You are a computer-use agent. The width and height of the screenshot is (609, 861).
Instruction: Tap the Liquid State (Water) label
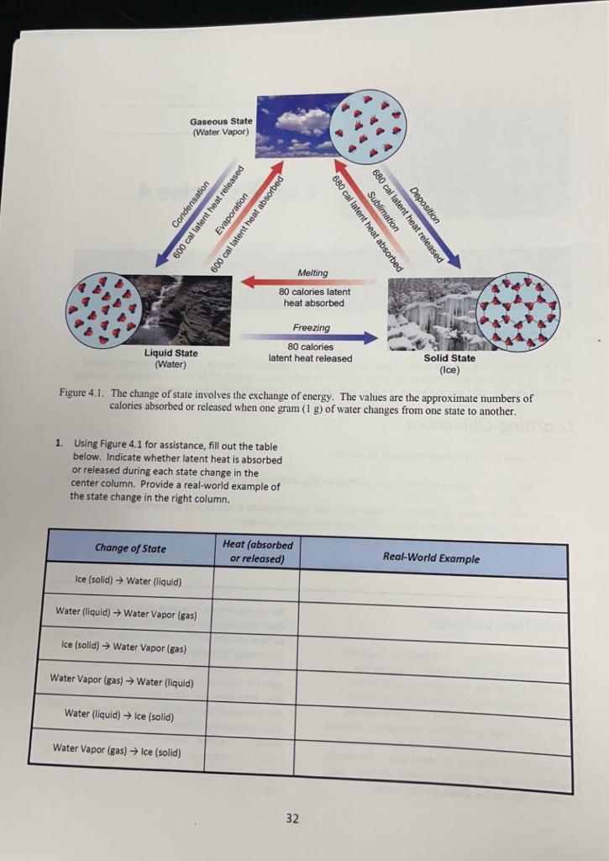click(x=171, y=358)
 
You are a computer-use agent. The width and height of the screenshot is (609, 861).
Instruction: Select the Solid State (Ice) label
click(x=450, y=363)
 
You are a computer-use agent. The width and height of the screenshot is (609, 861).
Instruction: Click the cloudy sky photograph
click(x=298, y=124)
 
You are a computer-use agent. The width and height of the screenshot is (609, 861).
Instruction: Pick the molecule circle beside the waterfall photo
click(x=104, y=309)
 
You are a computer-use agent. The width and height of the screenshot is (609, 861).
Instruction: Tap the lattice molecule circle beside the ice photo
click(x=517, y=312)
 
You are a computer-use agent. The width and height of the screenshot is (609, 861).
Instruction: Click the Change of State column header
click(x=130, y=548)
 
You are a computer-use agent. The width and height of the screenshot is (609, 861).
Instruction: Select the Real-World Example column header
click(x=431, y=557)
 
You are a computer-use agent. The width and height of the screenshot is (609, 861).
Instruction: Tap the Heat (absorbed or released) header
click(x=258, y=552)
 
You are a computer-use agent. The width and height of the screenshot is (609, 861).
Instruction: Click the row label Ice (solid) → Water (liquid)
click(x=128, y=581)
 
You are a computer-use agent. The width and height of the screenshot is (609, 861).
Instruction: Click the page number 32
click(x=291, y=817)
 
